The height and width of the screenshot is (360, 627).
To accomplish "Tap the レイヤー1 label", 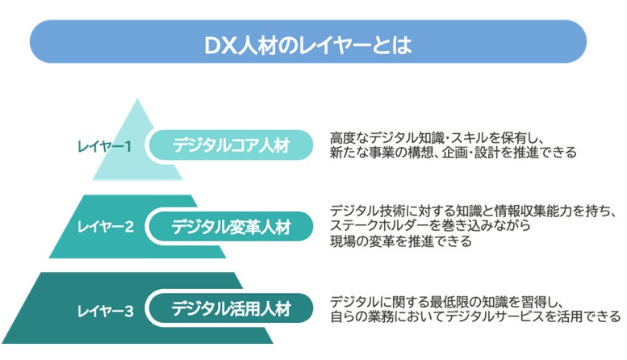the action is pyautogui.click(x=104, y=146).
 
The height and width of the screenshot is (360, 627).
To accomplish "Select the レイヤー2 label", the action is pyautogui.click(x=106, y=227).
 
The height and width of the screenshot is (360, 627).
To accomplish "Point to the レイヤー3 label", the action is pyautogui.click(x=105, y=309).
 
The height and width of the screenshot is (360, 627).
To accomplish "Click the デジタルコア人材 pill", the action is pyautogui.click(x=231, y=146).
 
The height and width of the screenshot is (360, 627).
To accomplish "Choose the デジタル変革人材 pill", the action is pyautogui.click(x=231, y=227).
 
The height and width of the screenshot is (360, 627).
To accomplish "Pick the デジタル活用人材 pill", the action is pyautogui.click(x=231, y=308).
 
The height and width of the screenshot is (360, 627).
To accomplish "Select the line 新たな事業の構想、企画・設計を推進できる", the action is pyautogui.click(x=453, y=153).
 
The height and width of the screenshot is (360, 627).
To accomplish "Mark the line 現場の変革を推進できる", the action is pyautogui.click(x=400, y=241).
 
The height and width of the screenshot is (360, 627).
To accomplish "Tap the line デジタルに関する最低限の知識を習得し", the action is pyautogui.click(x=451, y=299).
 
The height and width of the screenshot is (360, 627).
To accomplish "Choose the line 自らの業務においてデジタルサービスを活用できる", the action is pyautogui.click(x=474, y=315).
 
